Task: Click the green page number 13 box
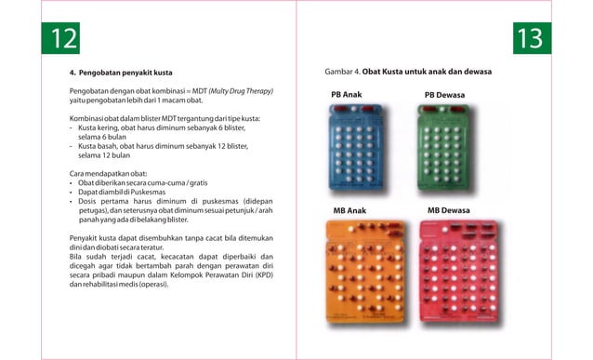click(531, 38)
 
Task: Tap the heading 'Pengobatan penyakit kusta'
click(125, 72)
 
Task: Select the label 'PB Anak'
click(347, 95)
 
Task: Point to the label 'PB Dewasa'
click(444, 95)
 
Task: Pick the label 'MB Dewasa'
click(449, 211)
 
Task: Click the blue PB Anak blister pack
click(362, 149)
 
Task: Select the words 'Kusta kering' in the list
click(99, 128)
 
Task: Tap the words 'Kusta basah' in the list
click(99, 147)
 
